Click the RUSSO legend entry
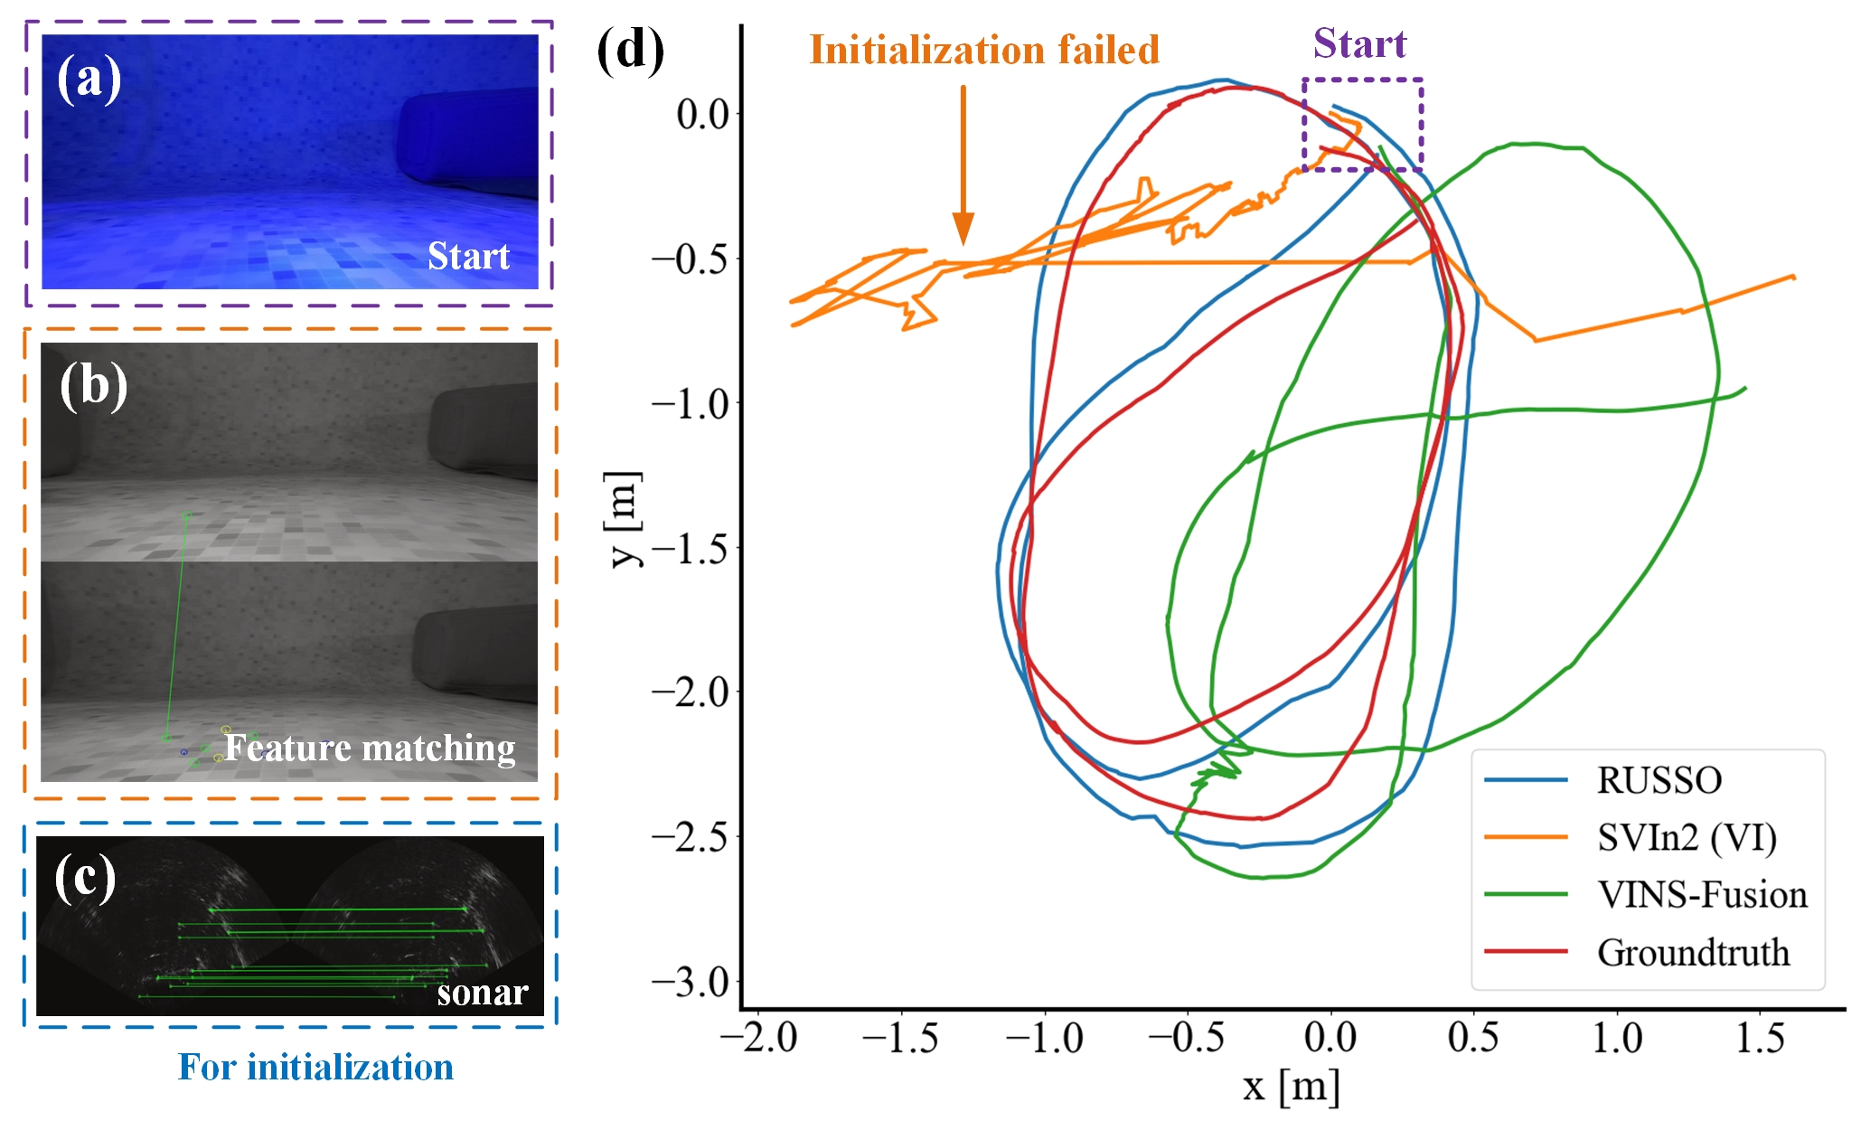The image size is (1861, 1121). pos(1659,780)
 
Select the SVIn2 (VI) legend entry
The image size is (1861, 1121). pos(1686,838)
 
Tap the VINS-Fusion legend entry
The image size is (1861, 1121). pos(1702,895)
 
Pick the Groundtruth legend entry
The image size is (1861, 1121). pos(1693,953)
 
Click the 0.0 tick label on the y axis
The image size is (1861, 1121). pos(702,115)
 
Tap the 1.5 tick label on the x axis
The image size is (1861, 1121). pos(1759,1038)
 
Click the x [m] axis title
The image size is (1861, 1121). pos(1291,1086)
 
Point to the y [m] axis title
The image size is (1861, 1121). pos(624,519)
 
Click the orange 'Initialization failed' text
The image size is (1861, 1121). pos(983,50)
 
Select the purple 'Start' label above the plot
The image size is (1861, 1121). pos(1359,43)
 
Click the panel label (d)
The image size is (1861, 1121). pos(630,51)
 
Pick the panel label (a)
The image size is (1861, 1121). pos(89,79)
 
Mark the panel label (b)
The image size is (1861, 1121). pos(93,387)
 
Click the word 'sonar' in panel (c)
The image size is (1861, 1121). pos(482,993)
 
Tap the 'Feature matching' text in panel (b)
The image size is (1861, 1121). pos(370,748)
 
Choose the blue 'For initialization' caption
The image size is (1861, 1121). pos(315,1067)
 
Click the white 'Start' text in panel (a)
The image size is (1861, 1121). pos(468,256)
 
